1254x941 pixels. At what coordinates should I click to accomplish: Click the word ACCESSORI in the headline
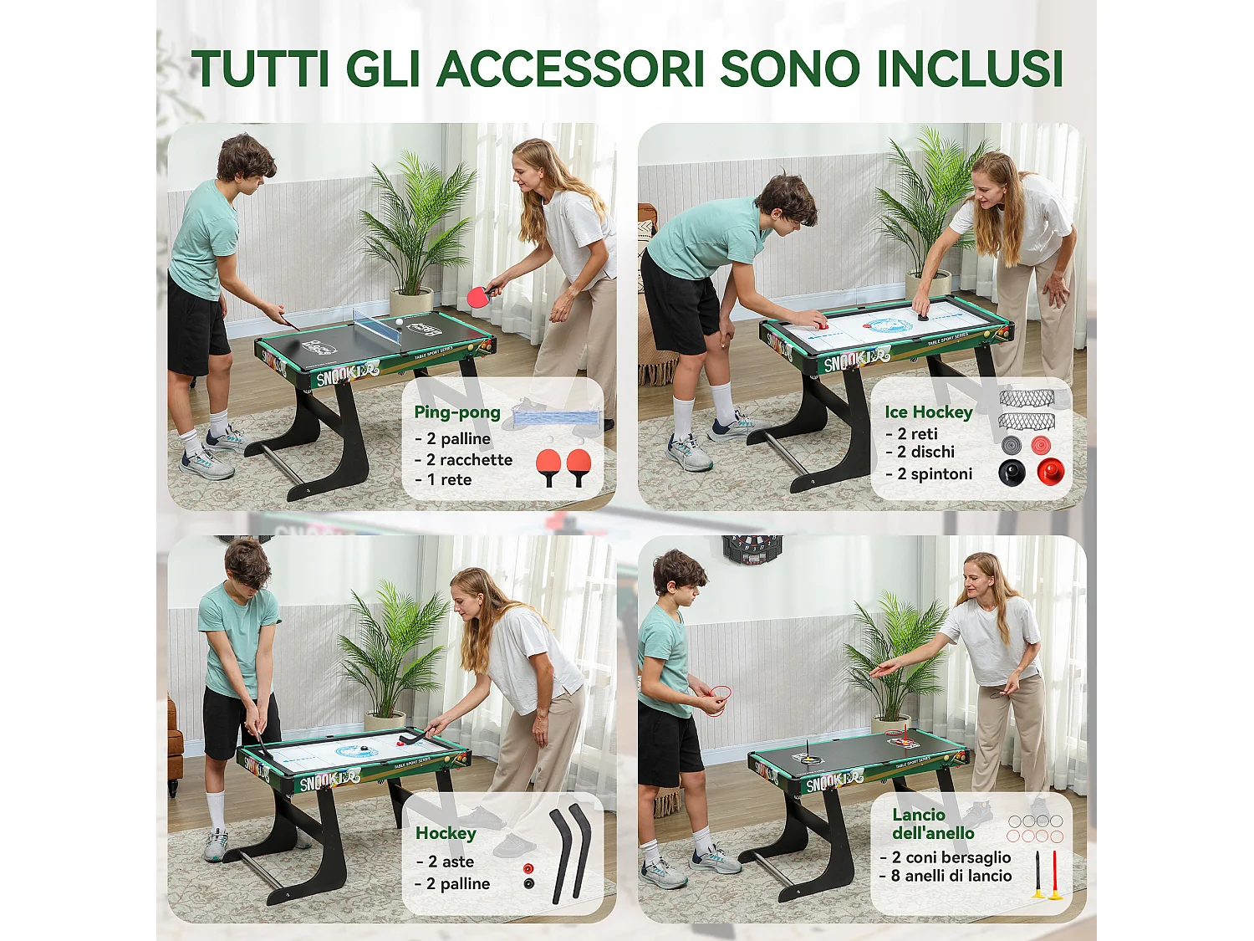pos(572,69)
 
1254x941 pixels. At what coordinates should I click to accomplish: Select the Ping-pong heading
pos(457,412)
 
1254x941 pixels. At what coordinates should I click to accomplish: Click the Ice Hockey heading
pos(929,412)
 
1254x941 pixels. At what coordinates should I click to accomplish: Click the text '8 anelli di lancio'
pos(951,876)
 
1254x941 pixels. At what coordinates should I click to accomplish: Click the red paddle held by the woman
pos(479,296)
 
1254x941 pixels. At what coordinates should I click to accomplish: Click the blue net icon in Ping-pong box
pos(556,417)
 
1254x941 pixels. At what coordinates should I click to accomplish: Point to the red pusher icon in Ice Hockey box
pos(1050,472)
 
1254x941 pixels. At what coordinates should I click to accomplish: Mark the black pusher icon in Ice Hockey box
pos(1012,473)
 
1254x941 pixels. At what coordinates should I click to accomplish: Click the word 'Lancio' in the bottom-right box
pos(919,815)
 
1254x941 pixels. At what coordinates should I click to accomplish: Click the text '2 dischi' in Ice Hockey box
pos(925,452)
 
